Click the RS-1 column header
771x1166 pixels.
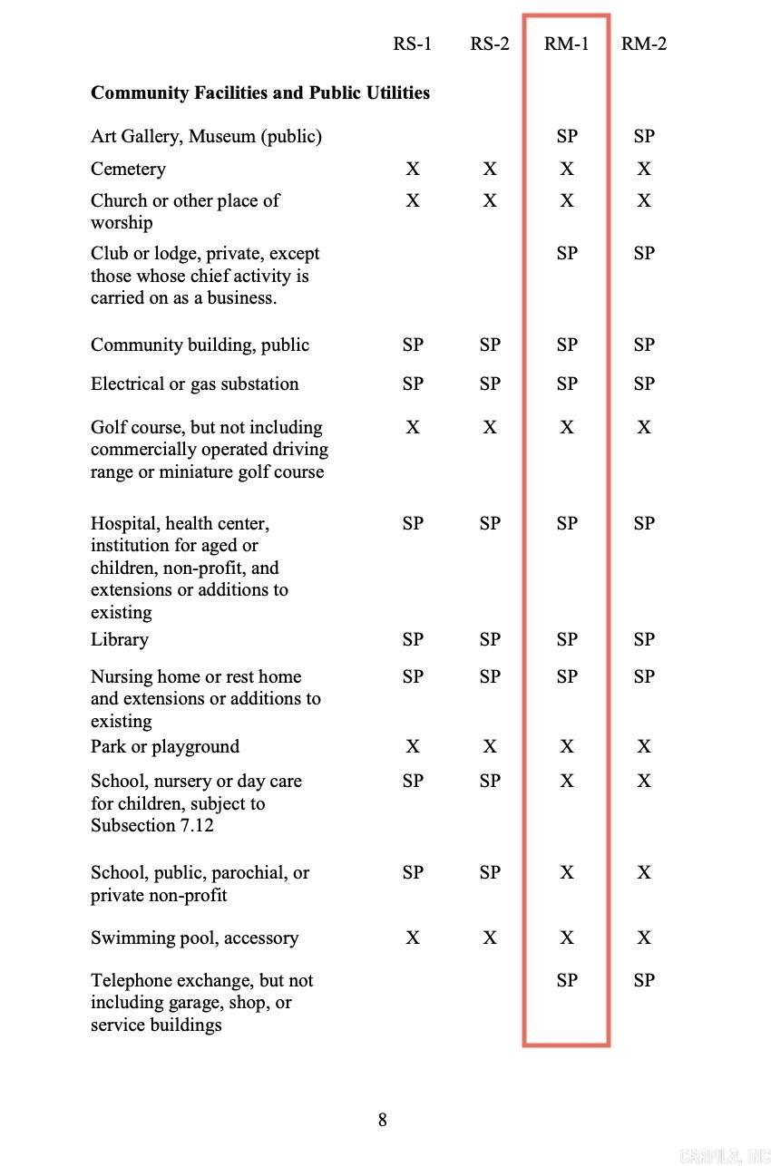(x=413, y=44)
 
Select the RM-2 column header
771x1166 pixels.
(x=644, y=44)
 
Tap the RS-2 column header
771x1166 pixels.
(x=490, y=44)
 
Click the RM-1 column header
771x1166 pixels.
(x=567, y=44)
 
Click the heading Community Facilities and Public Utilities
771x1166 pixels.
(x=260, y=92)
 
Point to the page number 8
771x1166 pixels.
(x=383, y=1120)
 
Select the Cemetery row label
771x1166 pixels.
(x=128, y=169)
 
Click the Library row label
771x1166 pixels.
(x=119, y=639)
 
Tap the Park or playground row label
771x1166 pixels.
(x=165, y=746)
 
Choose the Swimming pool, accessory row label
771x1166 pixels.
(x=194, y=938)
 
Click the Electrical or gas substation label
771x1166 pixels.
(x=194, y=384)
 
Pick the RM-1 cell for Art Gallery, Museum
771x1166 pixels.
(x=567, y=136)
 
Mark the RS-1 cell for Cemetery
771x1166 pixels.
(x=413, y=169)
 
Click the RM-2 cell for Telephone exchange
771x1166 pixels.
(x=644, y=980)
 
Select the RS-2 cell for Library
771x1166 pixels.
(x=490, y=639)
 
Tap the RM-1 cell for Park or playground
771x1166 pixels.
(x=567, y=746)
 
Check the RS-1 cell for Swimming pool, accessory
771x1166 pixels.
(x=413, y=938)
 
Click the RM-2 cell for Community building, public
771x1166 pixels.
(x=644, y=345)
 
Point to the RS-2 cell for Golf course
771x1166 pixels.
(x=490, y=427)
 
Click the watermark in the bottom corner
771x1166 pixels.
(x=724, y=1155)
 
